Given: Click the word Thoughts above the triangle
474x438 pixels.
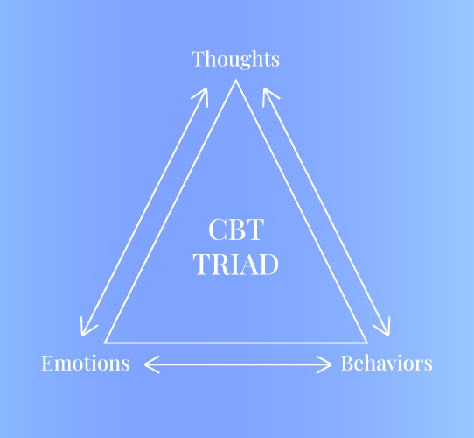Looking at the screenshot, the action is (x=236, y=59).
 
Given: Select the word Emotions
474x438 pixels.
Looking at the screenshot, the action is (x=86, y=363).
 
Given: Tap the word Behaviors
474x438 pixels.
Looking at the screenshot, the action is (x=387, y=363).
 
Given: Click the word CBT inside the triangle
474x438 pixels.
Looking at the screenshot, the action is (x=236, y=230).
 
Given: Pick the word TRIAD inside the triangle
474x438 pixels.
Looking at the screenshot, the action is (x=236, y=265).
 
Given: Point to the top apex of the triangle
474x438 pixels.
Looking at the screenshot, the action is (x=236, y=80).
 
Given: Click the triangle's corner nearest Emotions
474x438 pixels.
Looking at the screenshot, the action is (x=105, y=343).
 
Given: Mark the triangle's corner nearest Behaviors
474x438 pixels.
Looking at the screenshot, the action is (x=367, y=343).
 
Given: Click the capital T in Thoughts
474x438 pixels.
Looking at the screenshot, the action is (x=199, y=59).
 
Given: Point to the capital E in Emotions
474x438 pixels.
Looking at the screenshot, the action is (x=48, y=363).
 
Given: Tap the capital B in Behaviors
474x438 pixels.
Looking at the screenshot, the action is (x=348, y=363).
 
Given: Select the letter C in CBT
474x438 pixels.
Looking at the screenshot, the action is (x=217, y=230).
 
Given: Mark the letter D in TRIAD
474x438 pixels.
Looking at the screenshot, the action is (x=268, y=265).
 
